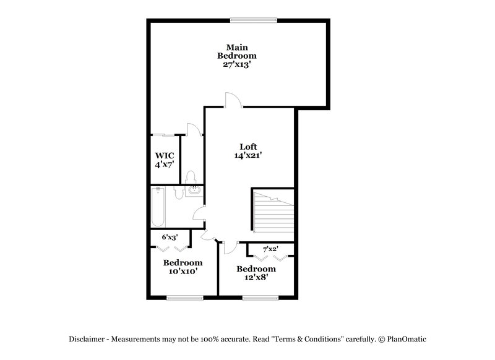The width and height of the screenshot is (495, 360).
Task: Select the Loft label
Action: (248, 147)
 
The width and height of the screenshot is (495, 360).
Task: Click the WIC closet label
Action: (164, 155)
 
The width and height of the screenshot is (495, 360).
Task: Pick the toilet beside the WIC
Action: (191, 178)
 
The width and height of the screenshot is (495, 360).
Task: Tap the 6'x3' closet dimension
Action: (170, 237)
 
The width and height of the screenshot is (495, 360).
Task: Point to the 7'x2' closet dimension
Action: (270, 249)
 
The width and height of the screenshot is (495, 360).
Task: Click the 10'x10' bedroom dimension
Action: (183, 271)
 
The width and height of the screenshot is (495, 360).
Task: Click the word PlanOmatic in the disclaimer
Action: (407, 339)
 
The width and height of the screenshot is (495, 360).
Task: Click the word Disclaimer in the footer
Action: (88, 339)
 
